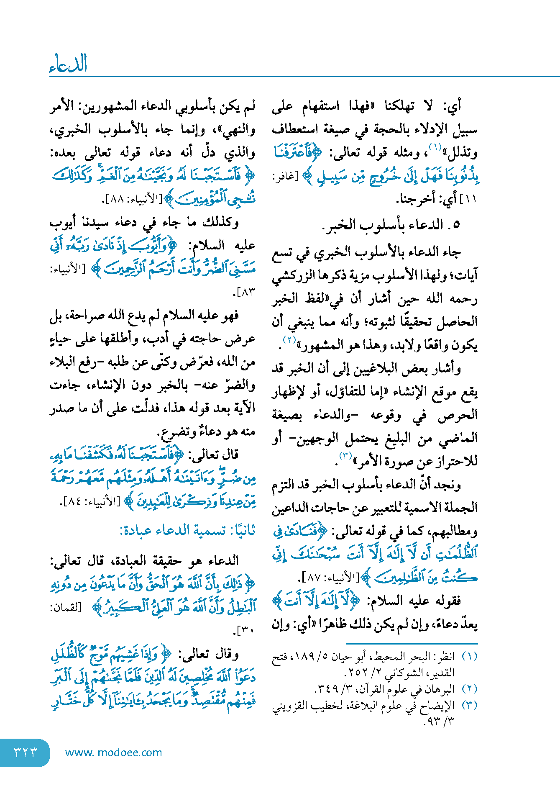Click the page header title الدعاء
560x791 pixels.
tap(68, 64)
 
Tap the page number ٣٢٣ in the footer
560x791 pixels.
tap(26, 752)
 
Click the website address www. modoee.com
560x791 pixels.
tap(113, 752)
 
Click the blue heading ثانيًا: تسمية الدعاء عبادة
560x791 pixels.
tap(187, 531)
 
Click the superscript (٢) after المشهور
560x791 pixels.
tap(289, 339)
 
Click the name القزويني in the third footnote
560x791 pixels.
tap(290, 706)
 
